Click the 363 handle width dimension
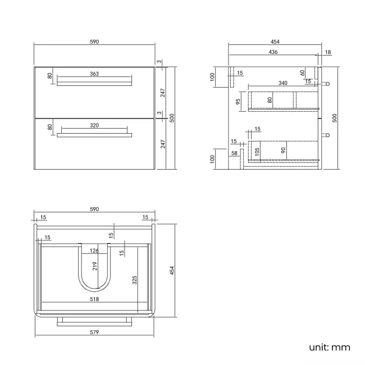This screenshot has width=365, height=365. click(94, 74)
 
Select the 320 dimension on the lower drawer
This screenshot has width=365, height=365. click(94, 125)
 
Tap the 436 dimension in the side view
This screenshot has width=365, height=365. click(273, 52)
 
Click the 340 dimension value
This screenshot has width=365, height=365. click(282, 83)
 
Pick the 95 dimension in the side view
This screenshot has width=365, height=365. click(238, 102)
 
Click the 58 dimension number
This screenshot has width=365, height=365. click(234, 152)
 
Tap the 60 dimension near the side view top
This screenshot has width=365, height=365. click(302, 72)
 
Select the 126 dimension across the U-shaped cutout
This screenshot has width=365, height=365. click(94, 251)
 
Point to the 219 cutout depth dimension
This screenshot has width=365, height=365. click(94, 266)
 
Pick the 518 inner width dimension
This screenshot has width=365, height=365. click(94, 299)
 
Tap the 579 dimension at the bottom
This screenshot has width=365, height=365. click(94, 332)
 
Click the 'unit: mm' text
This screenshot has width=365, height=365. click(329, 347)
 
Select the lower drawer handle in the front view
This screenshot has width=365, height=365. click(94, 135)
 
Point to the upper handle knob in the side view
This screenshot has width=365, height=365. click(328, 84)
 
